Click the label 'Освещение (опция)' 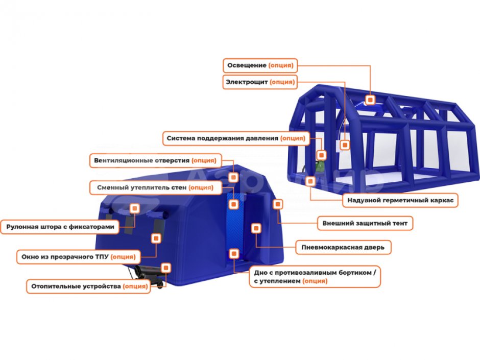(260, 65)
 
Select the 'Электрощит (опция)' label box (260, 82)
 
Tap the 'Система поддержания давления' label (236, 138)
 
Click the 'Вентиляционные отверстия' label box (156, 161)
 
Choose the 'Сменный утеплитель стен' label (156, 187)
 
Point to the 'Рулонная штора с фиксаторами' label (60, 227)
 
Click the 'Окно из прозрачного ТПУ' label (78, 257)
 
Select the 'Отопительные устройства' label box (89, 286)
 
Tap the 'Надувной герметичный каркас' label (400, 201)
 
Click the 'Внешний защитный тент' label (365, 224)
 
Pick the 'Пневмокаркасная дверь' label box (343, 247)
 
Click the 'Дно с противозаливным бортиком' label (315, 277)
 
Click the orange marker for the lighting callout (370, 100)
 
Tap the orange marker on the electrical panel (345, 145)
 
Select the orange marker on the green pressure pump (321, 155)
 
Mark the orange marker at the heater (166, 268)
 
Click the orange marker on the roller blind (135, 208)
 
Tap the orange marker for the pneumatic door (256, 228)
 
